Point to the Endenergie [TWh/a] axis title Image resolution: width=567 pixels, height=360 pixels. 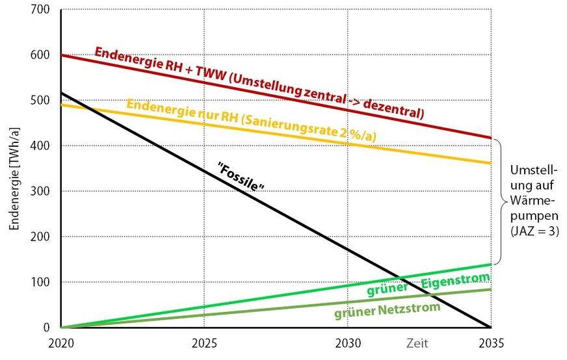(14, 169)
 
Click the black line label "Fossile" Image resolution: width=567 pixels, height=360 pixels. (243, 177)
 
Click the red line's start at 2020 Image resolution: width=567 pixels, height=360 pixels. (61, 55)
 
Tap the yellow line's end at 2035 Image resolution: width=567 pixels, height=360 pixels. (490, 163)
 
